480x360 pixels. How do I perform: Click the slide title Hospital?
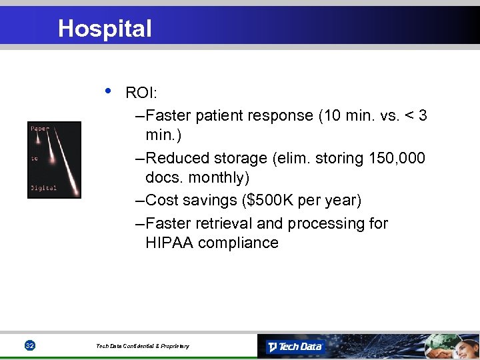tap(105, 29)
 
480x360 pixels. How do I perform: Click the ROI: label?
tap(141, 94)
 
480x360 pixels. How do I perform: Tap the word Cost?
tap(162, 200)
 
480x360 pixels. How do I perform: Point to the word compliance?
tap(238, 243)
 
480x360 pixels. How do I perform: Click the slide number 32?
tap(29, 346)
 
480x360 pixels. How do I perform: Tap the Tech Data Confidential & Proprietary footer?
tap(142, 346)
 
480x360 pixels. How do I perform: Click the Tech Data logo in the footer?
tap(295, 347)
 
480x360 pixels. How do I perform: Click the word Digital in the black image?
tap(43, 188)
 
